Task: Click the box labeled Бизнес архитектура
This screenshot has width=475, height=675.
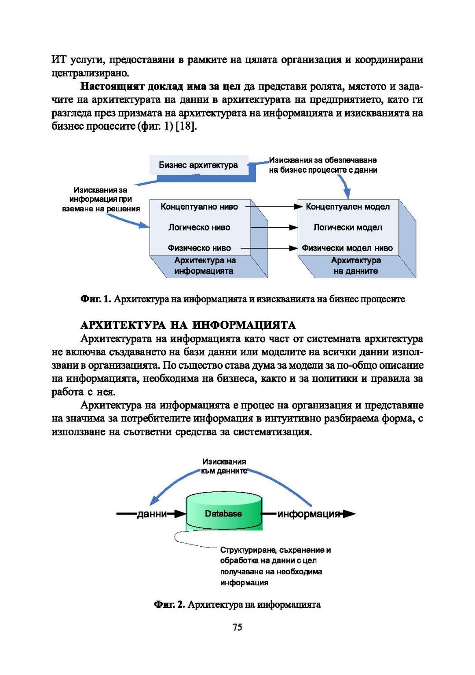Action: coord(198,165)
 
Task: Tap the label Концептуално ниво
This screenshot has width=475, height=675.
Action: coord(199,207)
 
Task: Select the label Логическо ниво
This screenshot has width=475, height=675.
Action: coord(199,227)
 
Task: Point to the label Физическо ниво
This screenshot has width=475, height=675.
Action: coord(199,248)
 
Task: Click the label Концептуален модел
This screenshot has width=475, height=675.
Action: coord(347,207)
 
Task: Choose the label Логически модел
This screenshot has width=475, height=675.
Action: coord(347,227)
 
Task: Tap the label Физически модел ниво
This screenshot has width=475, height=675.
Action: coord(347,248)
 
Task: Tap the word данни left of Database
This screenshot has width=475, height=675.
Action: coord(152,514)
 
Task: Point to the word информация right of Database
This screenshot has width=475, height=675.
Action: coord(309,514)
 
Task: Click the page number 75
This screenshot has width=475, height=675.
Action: coord(237,627)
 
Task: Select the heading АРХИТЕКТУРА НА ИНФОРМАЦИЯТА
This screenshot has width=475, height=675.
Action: coord(188,325)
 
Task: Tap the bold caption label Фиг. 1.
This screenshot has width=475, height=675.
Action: coord(95,299)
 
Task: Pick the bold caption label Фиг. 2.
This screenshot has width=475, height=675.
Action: coord(169,605)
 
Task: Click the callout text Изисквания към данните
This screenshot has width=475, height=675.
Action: coord(224,466)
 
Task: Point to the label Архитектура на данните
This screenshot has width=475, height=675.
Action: coord(355,266)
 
